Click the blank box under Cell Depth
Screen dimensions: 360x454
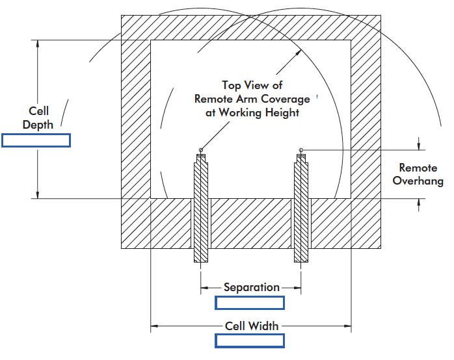[x=36, y=140]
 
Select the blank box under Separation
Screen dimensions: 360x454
[x=250, y=303]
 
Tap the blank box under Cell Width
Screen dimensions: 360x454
[x=250, y=341]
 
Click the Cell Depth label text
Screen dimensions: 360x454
[x=38, y=118]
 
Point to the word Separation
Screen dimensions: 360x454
[x=251, y=287]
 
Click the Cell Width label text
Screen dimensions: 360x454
[x=252, y=326]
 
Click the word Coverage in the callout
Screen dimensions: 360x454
[x=278, y=99]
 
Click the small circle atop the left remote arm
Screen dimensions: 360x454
[x=201, y=151]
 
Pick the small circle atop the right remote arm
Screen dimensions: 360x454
[x=301, y=151]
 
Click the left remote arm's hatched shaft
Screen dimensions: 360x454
[x=201, y=208]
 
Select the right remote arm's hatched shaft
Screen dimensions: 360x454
[x=301, y=208]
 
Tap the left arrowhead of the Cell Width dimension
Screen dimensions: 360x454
[x=155, y=326]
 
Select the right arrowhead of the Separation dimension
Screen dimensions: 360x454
[x=297, y=287]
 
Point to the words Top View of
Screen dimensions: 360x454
[x=252, y=85]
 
